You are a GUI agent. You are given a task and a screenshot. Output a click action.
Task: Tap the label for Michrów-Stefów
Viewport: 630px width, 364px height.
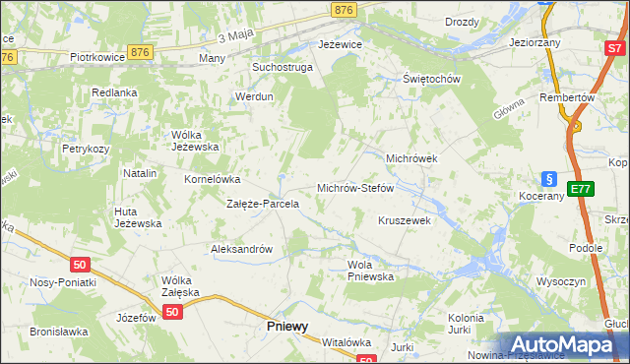tap(354, 187)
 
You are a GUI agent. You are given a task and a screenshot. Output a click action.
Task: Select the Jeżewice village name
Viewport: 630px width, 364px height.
tap(341, 45)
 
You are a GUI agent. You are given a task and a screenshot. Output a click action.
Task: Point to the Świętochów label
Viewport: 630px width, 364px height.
tap(432, 79)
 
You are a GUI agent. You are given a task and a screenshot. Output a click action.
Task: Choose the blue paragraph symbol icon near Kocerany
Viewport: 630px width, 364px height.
tap(550, 179)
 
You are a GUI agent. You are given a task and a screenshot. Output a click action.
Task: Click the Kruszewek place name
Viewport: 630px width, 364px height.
tap(405, 221)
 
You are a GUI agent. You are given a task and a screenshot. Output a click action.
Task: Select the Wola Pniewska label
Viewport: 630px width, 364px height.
tap(370, 271)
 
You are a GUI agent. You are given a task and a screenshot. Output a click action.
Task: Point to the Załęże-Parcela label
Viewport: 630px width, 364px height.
tap(263, 205)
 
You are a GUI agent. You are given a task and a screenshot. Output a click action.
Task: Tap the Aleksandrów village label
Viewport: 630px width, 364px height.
tap(241, 250)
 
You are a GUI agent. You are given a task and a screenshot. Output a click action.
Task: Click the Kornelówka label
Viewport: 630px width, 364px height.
tap(213, 180)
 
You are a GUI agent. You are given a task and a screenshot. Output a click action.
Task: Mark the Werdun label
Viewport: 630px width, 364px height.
tap(253, 96)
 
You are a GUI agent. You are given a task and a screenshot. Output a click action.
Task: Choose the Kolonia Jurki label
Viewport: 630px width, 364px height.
tap(465, 324)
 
